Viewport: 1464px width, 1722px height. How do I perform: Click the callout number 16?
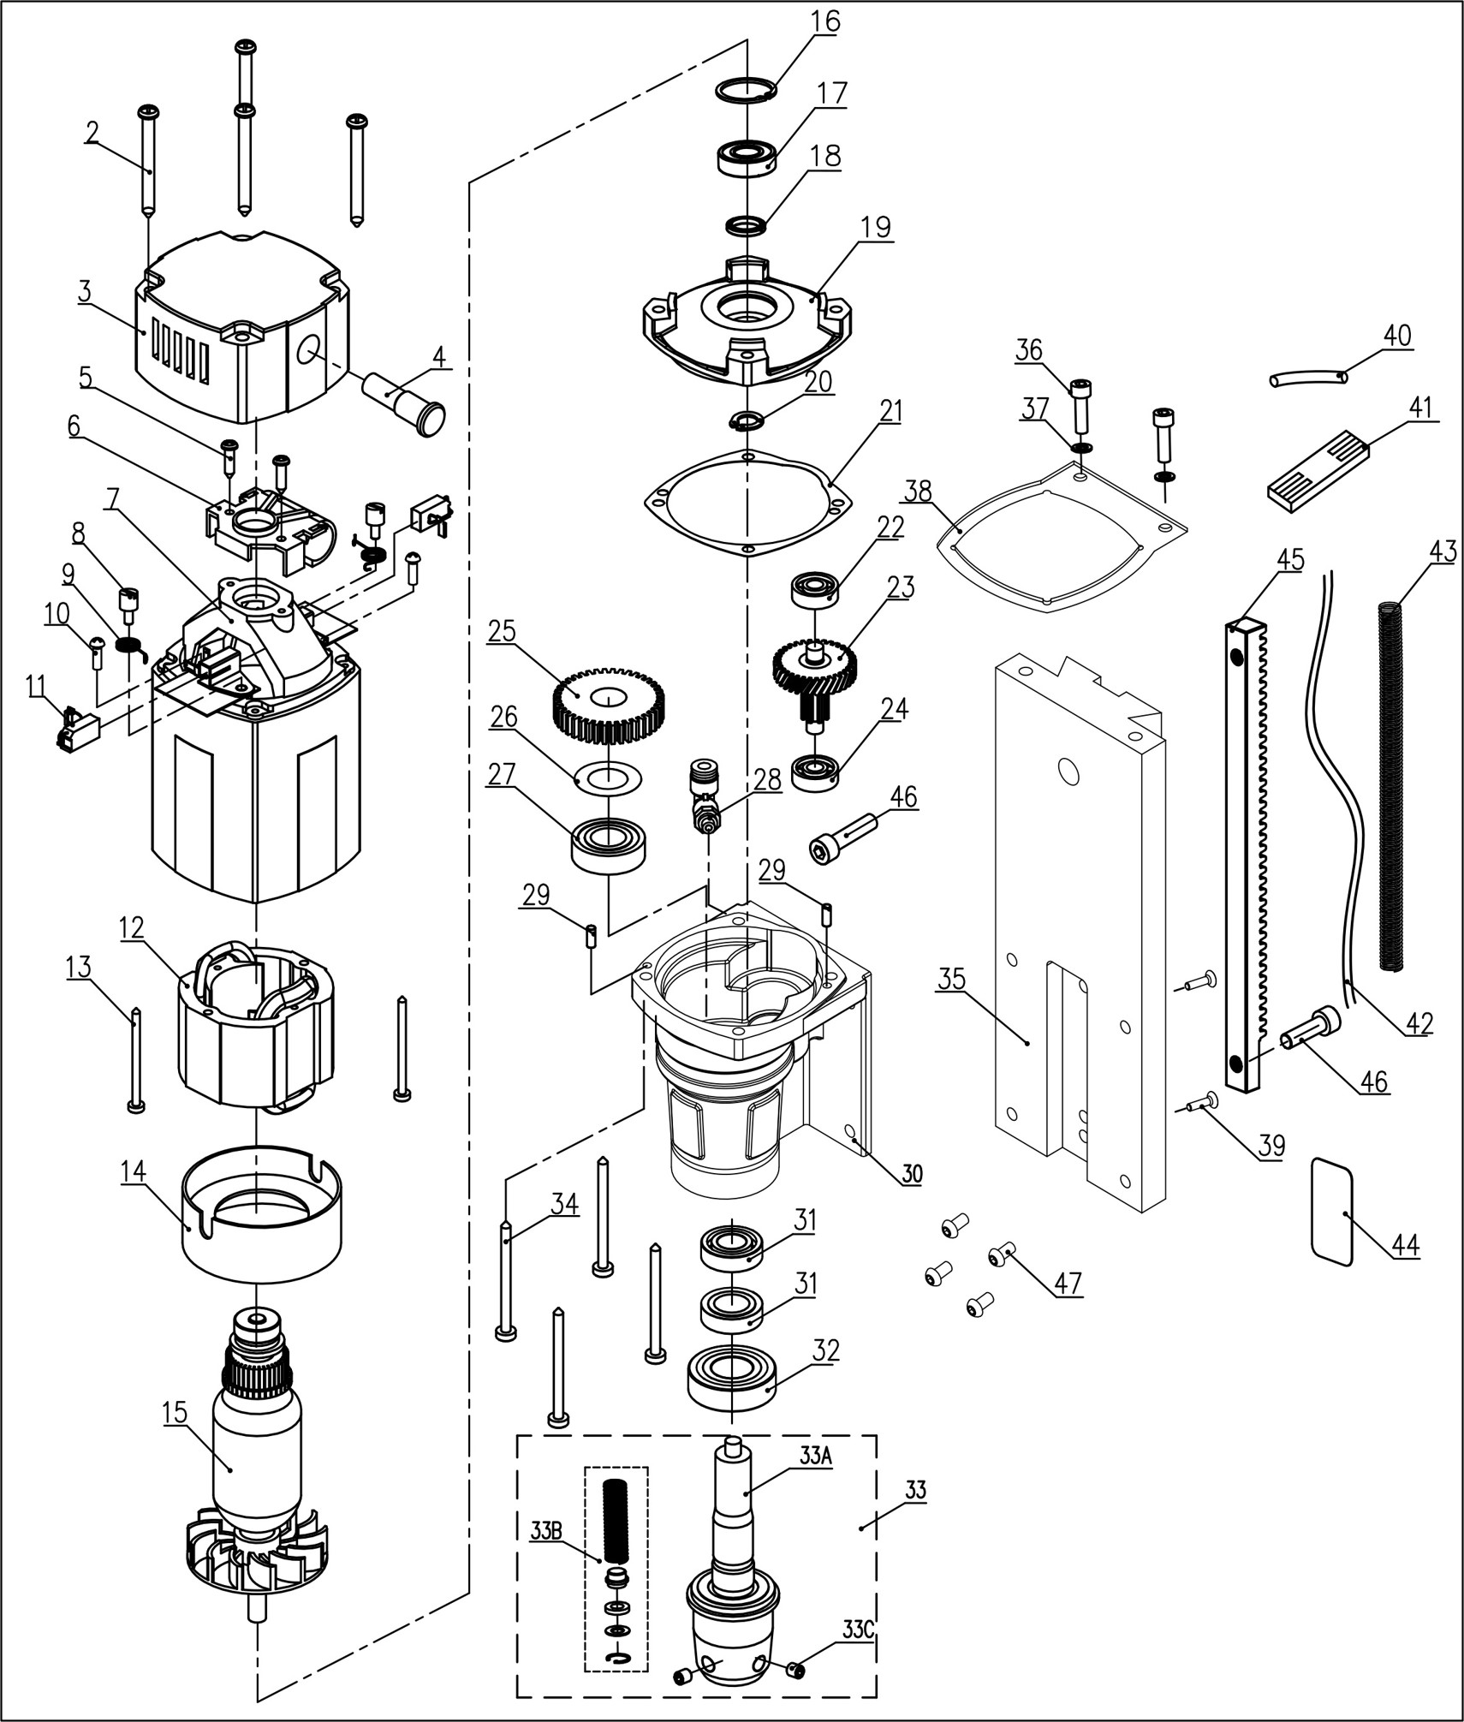coord(826,21)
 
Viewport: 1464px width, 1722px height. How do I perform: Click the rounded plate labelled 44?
coord(1332,1210)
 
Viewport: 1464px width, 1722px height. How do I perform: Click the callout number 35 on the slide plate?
coord(952,978)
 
